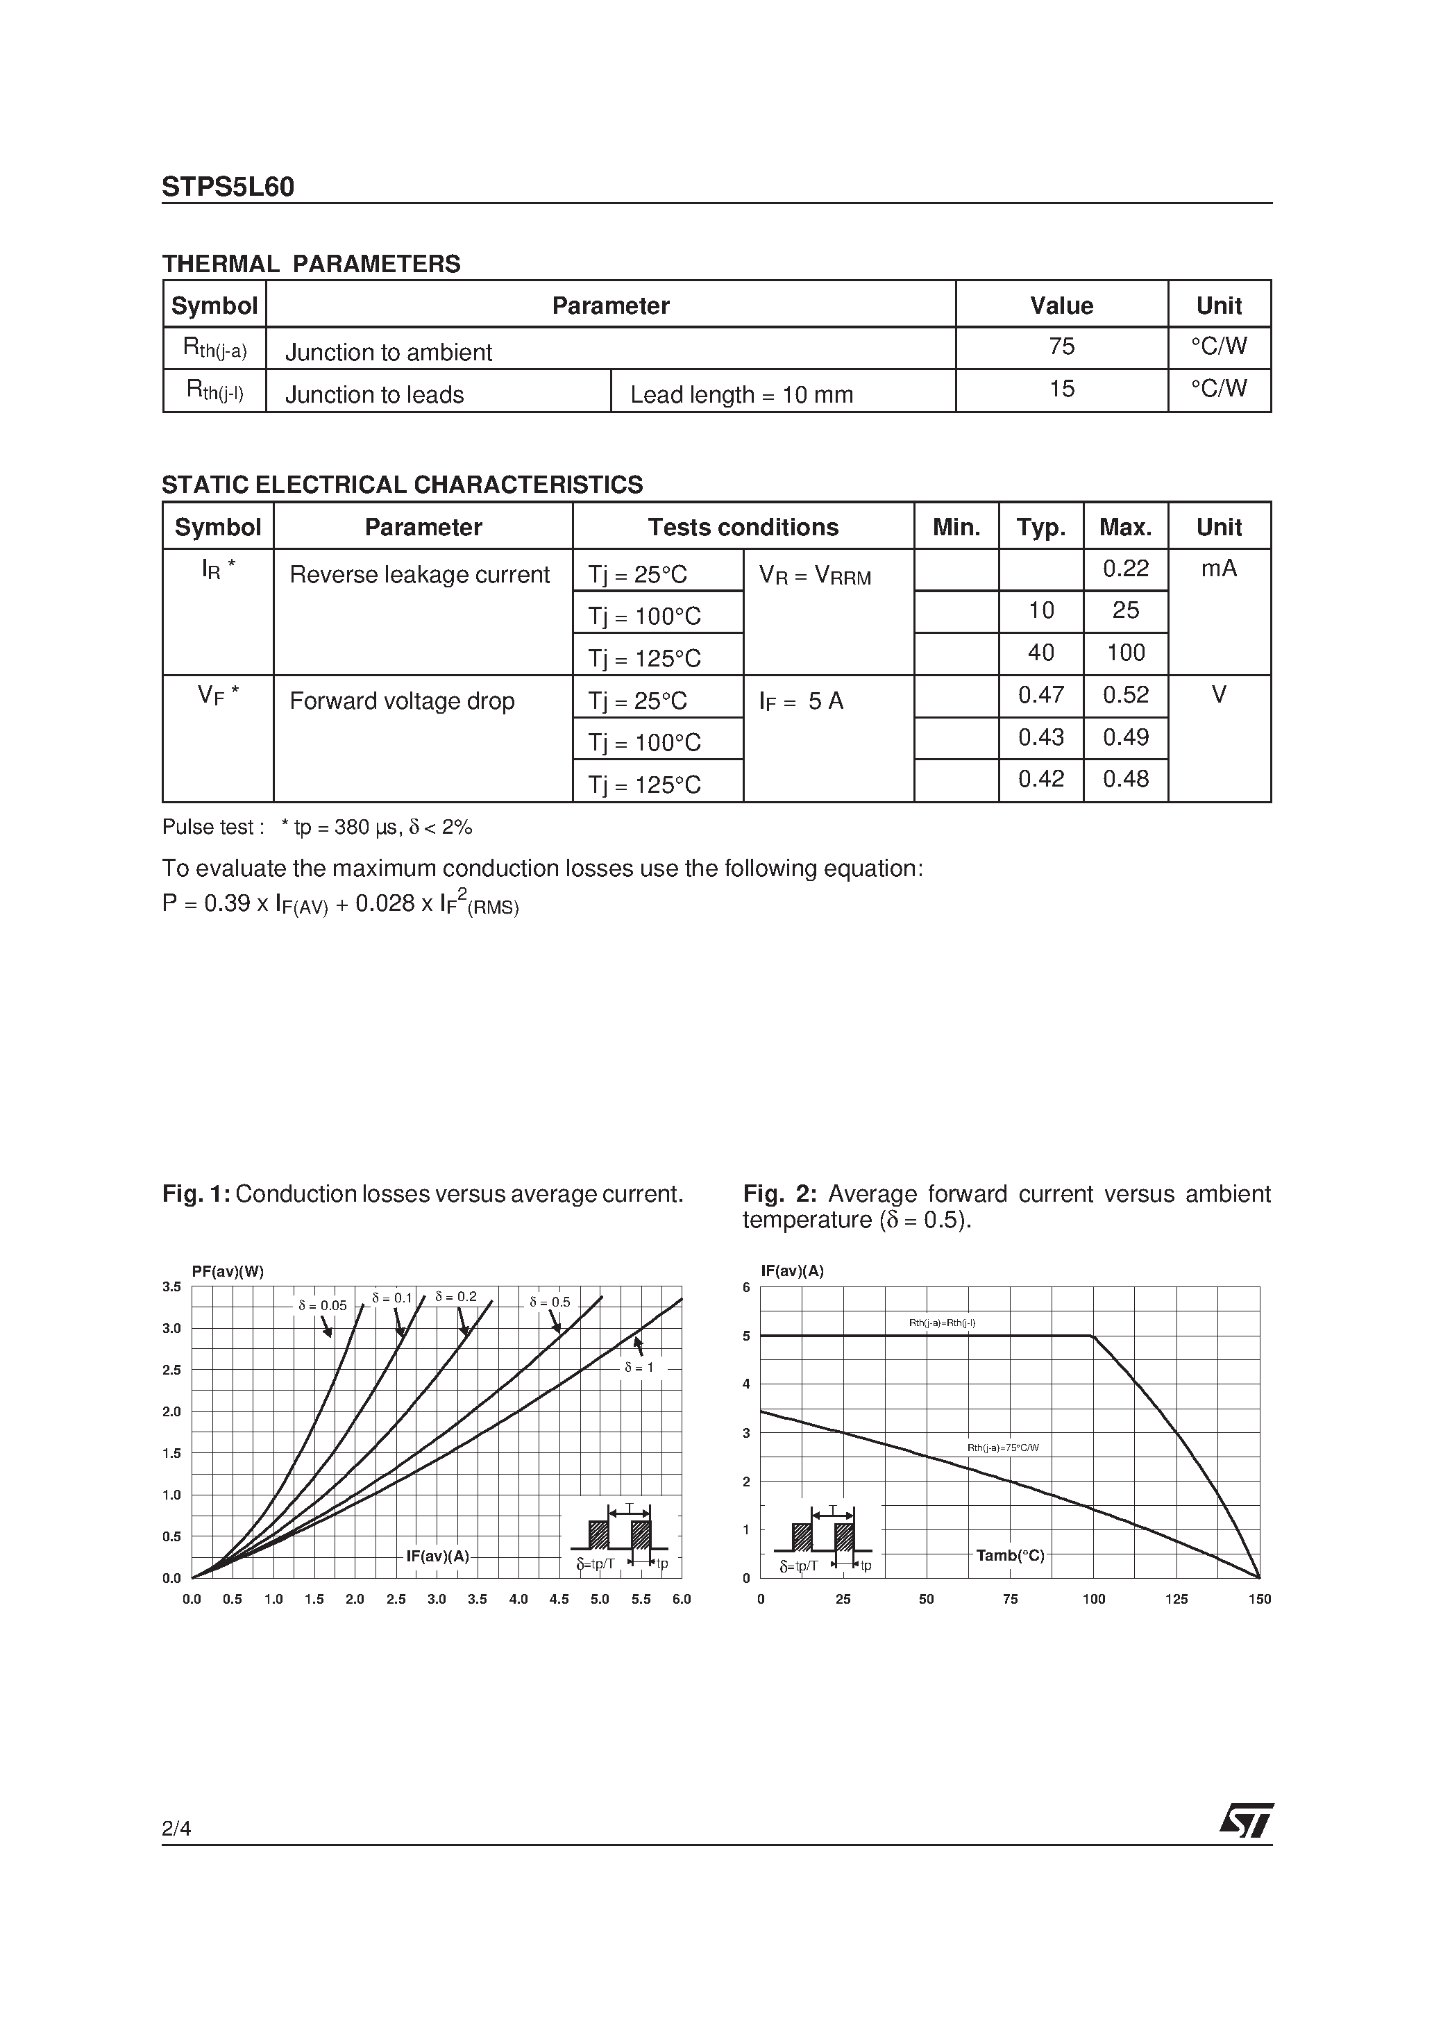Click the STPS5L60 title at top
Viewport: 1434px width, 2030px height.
pyautogui.click(x=228, y=187)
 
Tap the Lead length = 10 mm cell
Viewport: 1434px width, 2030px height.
pyautogui.click(x=741, y=394)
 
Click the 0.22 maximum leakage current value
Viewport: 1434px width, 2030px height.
pyautogui.click(x=1124, y=569)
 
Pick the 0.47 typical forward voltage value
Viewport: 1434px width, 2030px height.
pyautogui.click(x=1040, y=695)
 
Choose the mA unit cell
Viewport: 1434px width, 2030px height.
pyautogui.click(x=1218, y=569)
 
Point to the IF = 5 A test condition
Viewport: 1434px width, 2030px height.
pyautogui.click(x=801, y=701)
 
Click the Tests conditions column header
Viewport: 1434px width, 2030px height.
pyautogui.click(x=743, y=527)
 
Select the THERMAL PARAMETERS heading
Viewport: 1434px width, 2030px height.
pyautogui.click(x=311, y=265)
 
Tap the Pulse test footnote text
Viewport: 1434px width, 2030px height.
pyautogui.click(x=317, y=827)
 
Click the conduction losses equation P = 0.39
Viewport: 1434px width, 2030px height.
pyautogui.click(x=340, y=904)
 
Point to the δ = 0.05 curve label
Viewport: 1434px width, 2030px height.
pyautogui.click(x=322, y=1305)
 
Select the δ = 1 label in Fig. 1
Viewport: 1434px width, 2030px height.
pyautogui.click(x=639, y=1367)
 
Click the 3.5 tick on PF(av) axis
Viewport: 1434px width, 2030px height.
pyautogui.click(x=171, y=1287)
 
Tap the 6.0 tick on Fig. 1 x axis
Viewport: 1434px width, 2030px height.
pyautogui.click(x=681, y=1600)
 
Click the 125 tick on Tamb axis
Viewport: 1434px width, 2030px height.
pyautogui.click(x=1176, y=1600)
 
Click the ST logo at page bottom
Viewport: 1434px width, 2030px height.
pyautogui.click(x=1247, y=1820)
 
